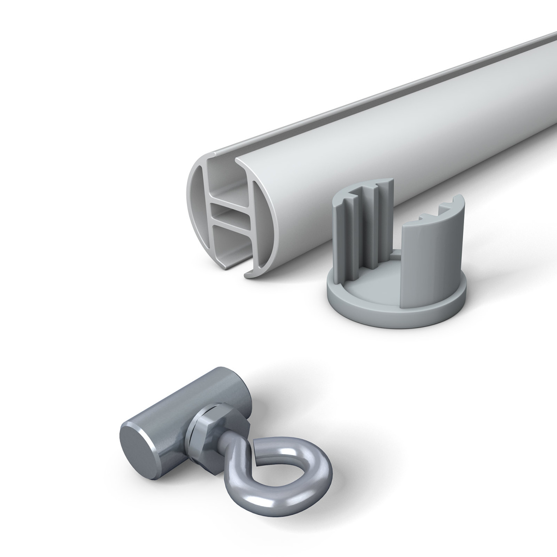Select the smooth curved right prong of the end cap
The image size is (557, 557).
click(421, 242)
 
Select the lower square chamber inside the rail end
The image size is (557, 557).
click(232, 242)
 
